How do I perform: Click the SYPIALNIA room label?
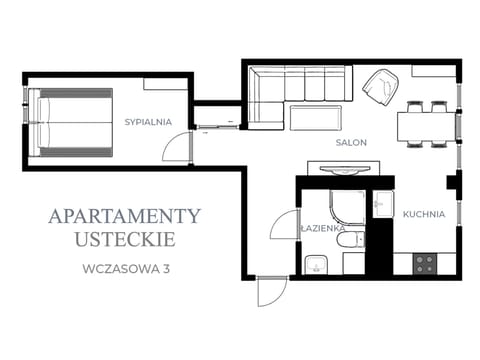148,122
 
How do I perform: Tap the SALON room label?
351,143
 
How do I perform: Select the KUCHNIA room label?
424,214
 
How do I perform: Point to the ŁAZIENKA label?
322,228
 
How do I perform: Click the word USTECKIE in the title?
125,239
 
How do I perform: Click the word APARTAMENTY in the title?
124,216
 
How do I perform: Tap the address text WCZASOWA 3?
126,269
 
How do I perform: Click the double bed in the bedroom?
71,122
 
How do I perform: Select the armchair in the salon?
381,87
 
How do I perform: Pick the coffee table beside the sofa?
316,118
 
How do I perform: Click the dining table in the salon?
426,127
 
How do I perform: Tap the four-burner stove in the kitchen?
425,264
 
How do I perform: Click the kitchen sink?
383,204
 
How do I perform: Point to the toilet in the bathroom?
350,240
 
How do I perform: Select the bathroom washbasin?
316,265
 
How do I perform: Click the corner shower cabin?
347,208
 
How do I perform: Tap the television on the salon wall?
345,170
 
